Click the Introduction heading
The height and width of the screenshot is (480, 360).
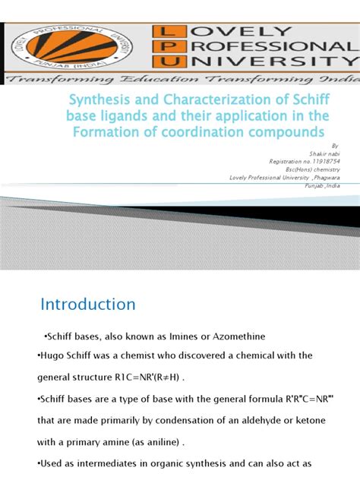point(87,305)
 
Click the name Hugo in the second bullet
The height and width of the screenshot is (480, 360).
point(54,355)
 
